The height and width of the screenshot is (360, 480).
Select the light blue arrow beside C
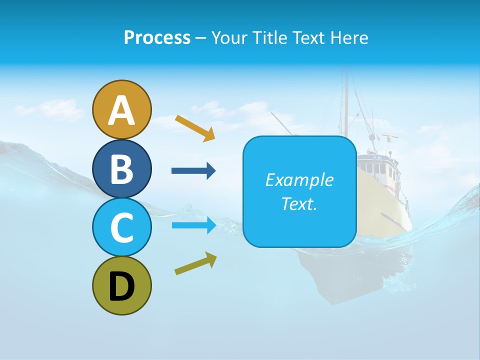(193, 225)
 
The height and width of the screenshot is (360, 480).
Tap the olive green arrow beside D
(195, 263)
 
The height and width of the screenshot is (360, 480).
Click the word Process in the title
(157, 38)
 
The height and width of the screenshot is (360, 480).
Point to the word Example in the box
(299, 180)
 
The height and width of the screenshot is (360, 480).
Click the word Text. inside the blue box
(299, 204)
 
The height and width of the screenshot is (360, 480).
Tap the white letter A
(122, 111)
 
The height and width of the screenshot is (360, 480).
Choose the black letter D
(122, 287)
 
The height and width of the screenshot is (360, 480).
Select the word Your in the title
(230, 38)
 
